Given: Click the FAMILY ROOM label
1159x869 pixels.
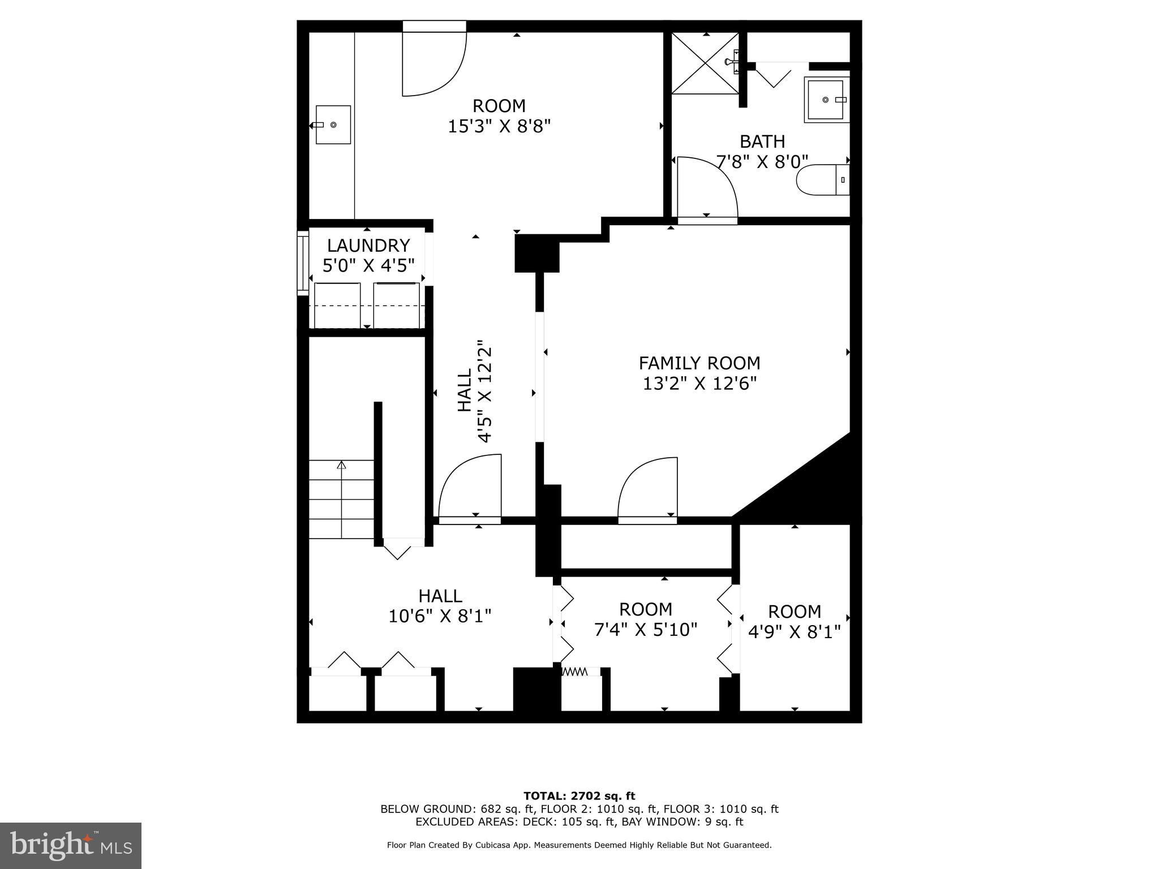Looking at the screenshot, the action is pos(699,363).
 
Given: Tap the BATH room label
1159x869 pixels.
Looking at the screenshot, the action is pos(762,141).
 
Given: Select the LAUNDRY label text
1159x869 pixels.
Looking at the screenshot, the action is pos(368,246).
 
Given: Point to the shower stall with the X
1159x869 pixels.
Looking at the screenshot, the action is pos(705,63).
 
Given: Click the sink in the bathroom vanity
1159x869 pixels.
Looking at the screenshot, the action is pos(827,100).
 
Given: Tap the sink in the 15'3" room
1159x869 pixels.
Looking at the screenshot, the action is pos(333,124).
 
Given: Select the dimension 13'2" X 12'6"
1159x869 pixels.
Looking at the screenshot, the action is pos(699,384).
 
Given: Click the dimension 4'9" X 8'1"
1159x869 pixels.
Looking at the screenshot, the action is pos(795,631).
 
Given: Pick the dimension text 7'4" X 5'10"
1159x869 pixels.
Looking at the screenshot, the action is pos(646,629).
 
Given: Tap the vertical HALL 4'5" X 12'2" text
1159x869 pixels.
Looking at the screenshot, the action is pos(474,391).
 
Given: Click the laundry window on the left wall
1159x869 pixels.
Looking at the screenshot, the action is pos(303,263).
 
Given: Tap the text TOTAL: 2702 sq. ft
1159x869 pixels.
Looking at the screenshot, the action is pos(579,796).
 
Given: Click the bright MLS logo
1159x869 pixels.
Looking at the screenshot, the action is pos(71,846).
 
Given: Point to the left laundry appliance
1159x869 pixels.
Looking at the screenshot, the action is pos(337,305).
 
